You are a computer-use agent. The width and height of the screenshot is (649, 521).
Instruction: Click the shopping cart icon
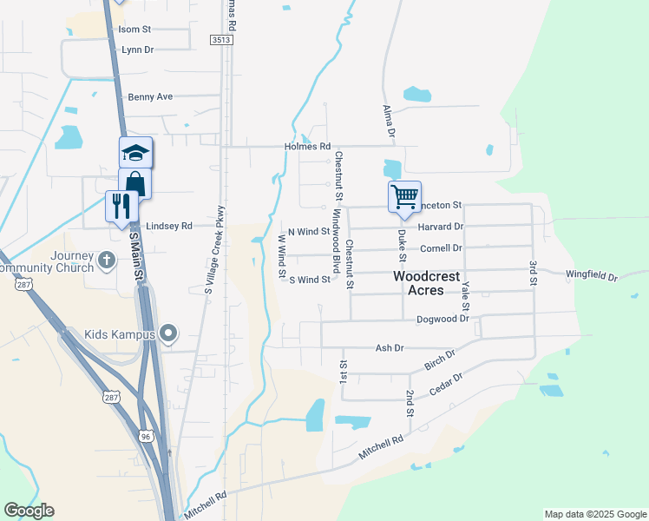(404, 196)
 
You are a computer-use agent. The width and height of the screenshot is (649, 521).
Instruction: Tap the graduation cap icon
(135, 153)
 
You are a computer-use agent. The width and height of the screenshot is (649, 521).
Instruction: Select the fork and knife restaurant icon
(121, 206)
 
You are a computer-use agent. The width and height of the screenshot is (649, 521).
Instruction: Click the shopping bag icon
(135, 182)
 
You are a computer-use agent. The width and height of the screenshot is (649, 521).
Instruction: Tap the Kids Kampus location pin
(168, 333)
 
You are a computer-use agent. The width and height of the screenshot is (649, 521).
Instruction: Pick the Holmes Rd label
(308, 147)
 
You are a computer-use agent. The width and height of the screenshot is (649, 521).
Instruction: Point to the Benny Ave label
(150, 97)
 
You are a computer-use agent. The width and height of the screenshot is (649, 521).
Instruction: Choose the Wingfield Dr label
(591, 276)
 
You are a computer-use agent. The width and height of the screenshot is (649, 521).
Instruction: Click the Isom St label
(134, 30)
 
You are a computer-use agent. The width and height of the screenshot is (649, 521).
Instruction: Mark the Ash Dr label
(390, 347)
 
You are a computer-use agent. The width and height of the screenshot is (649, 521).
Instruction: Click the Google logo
(29, 511)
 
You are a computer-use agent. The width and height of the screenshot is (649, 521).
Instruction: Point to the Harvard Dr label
(441, 227)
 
